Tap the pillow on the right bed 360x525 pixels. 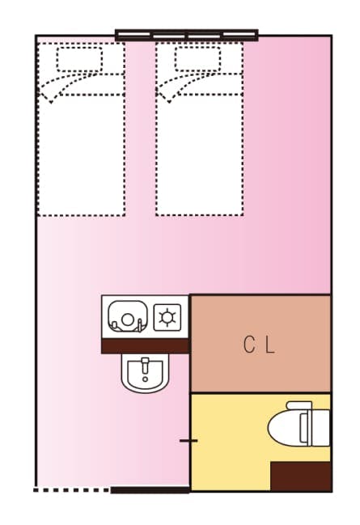198,59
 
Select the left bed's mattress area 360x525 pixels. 81,154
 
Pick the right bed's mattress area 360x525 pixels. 199,154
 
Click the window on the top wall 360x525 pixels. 186,35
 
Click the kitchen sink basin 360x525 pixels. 126,315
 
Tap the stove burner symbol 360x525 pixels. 167,317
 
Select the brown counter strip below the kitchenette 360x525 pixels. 145,346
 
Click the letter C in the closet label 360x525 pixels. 249,345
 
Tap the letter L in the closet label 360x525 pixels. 270,345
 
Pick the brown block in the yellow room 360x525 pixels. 300,476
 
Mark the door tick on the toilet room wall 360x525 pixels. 188,441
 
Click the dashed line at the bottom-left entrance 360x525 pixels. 71,489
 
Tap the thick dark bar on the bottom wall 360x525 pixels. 150,489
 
